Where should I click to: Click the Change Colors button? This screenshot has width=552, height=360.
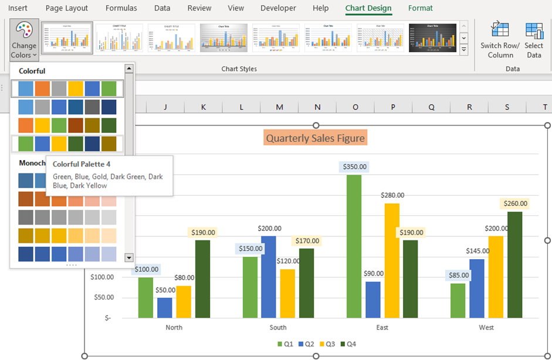click(x=24, y=40)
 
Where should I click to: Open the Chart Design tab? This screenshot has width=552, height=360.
click(x=368, y=8)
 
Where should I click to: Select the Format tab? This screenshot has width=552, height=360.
click(x=420, y=8)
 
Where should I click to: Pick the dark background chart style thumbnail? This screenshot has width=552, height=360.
click(x=432, y=38)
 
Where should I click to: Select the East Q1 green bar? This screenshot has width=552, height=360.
click(x=354, y=246)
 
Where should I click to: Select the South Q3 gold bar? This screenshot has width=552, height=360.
click(x=287, y=293)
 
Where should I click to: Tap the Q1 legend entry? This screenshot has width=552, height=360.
click(x=285, y=344)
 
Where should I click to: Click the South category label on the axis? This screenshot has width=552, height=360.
click(x=278, y=327)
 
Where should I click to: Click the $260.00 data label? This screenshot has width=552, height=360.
click(x=514, y=204)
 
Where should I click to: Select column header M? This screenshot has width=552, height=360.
click(x=279, y=107)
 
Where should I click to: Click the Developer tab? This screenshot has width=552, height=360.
click(x=278, y=8)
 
